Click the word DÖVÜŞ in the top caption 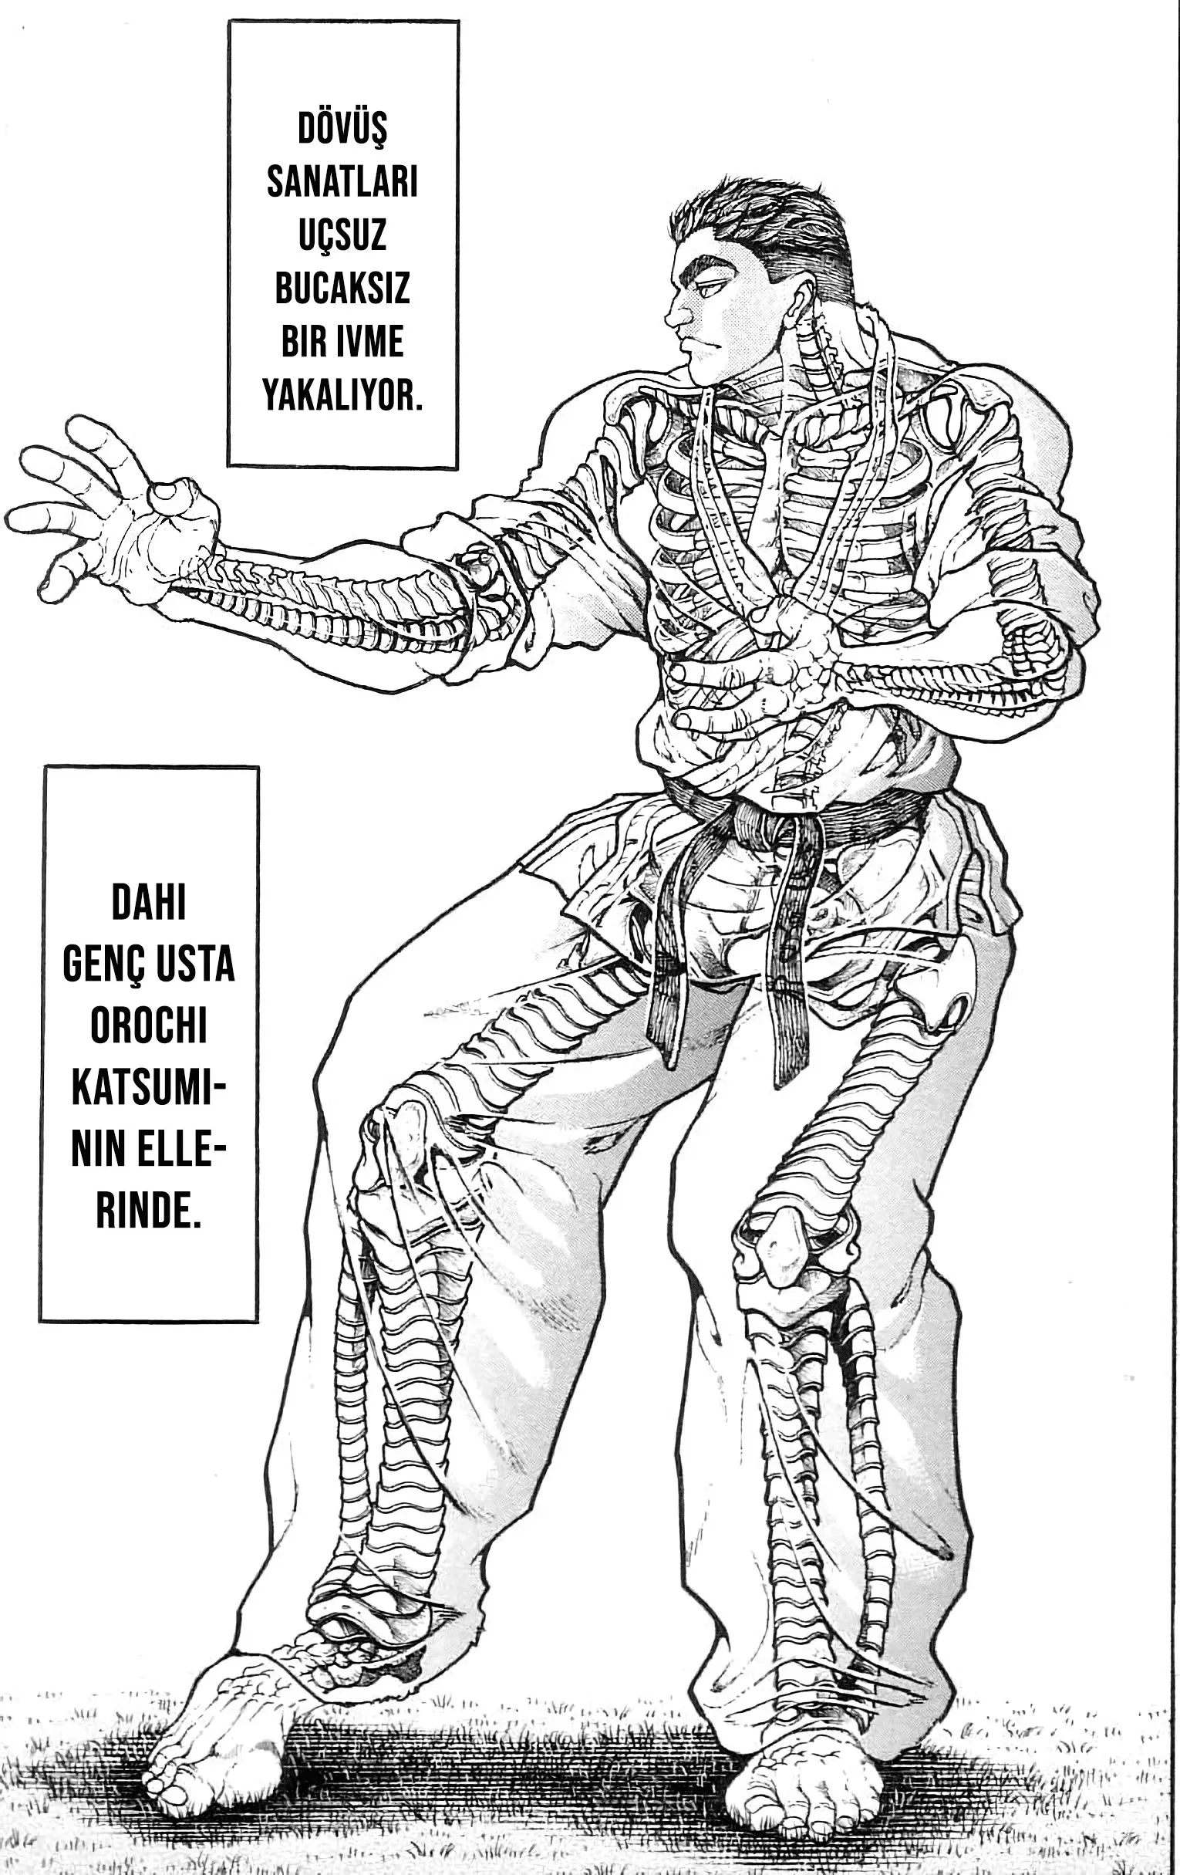[x=342, y=127]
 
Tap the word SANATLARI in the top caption [x=342, y=182]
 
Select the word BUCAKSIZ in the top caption [x=342, y=289]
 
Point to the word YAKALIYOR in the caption [x=342, y=395]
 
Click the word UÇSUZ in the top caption [x=342, y=235]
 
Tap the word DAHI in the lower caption [x=149, y=903]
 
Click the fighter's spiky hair [x=767, y=222]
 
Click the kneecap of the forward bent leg [x=397, y=1137]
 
